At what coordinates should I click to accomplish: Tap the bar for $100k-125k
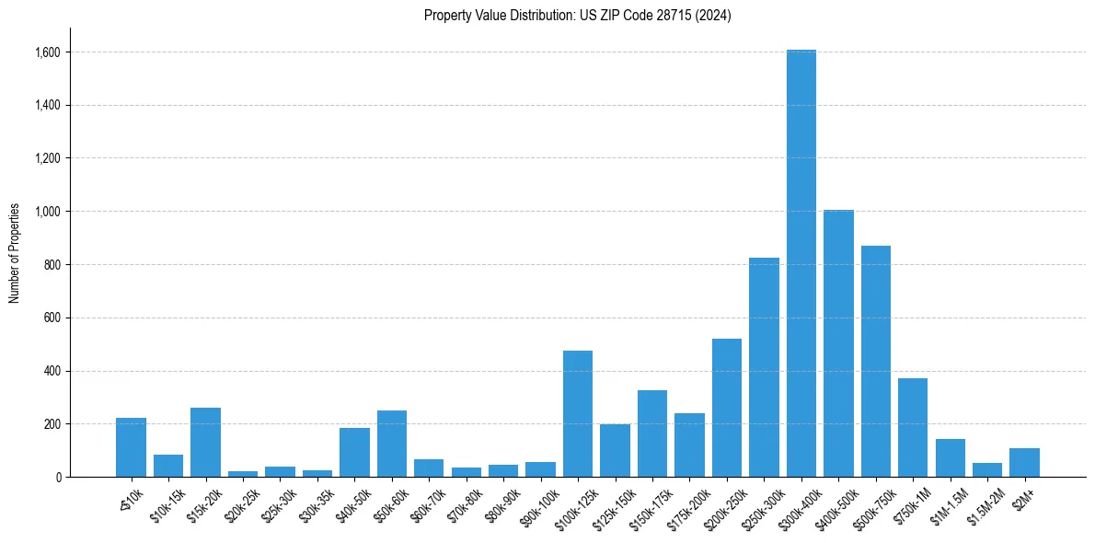click(578, 413)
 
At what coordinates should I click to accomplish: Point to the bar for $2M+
click(1024, 462)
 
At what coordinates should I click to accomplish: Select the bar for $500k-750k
click(875, 361)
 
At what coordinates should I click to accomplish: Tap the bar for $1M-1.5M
click(950, 457)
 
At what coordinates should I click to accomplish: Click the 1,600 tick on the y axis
click(47, 52)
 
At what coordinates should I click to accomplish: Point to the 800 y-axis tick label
click(52, 265)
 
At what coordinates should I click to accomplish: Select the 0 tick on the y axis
click(57, 477)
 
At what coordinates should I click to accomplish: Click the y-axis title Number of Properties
click(15, 252)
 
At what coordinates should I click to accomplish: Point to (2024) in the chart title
click(714, 15)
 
